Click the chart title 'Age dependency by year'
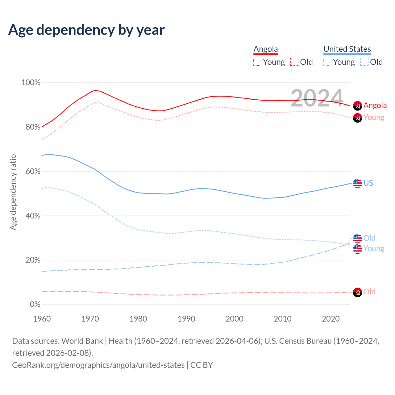coord(86,30)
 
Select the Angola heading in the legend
coord(266,49)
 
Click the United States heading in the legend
coord(347,49)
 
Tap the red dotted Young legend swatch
coord(257,62)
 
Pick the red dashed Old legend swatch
coord(294,62)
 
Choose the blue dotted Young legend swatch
coord(327,62)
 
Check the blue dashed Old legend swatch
coord(364,62)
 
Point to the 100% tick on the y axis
coord(31,82)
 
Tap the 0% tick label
coord(35,305)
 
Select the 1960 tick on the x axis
coord(42,319)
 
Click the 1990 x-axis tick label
coord(186,319)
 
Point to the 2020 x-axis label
coord(331,319)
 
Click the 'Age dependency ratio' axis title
coord(13,192)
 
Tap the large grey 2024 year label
coord(317,98)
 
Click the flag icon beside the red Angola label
coord(357,106)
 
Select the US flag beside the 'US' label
coord(357,183)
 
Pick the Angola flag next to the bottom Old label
coord(357,292)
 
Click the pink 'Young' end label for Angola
coord(374,117)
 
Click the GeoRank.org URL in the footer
coord(98,365)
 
